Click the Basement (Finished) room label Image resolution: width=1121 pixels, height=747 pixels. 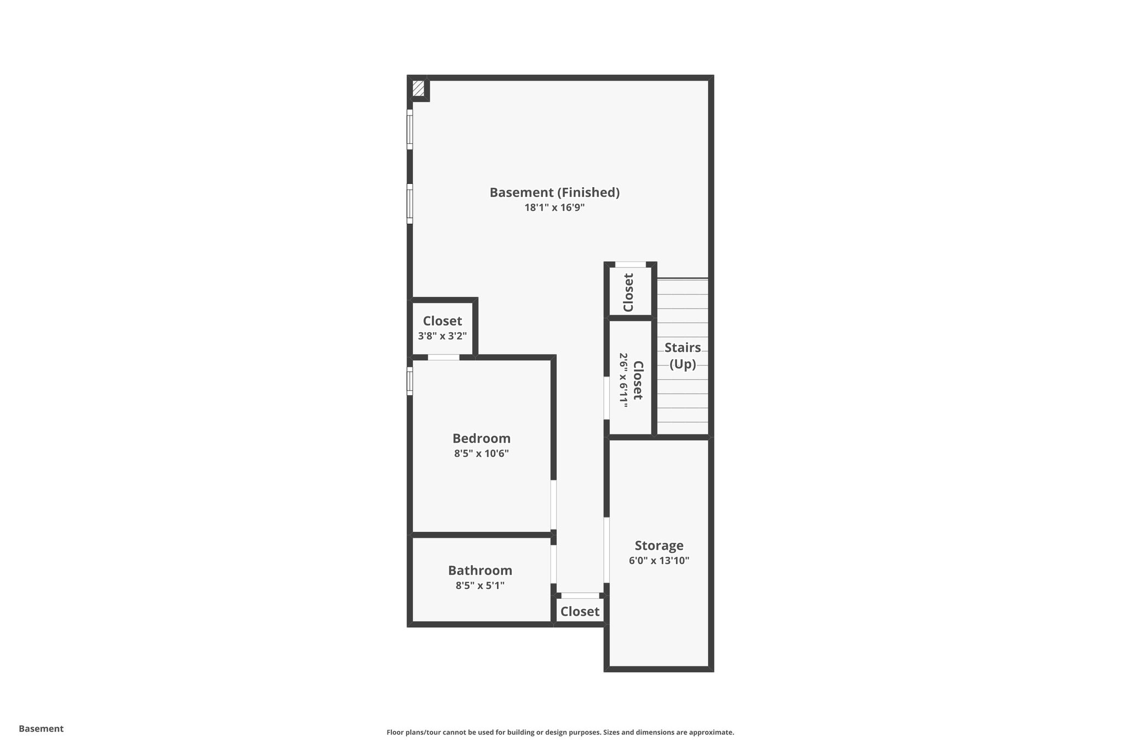(554, 193)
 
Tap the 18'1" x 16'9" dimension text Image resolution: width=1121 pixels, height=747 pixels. (554, 207)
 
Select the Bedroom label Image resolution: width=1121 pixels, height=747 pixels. (481, 438)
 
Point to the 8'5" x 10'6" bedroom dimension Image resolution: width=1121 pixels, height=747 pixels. (481, 453)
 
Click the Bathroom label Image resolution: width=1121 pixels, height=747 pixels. (480, 570)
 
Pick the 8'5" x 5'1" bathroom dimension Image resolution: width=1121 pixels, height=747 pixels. (480, 586)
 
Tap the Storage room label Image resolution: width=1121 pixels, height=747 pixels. (659, 546)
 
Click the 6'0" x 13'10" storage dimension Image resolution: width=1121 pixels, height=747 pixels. (659, 560)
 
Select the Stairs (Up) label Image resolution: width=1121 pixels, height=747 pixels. (683, 356)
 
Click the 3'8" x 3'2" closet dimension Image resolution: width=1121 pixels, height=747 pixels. (442, 336)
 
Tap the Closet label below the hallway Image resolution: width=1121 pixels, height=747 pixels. (580, 611)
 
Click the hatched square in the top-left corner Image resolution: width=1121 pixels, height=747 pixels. (419, 89)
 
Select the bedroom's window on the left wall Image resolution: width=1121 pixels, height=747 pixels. (409, 381)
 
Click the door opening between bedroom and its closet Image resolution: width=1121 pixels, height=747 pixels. (443, 357)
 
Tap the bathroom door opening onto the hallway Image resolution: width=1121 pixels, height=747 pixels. (553, 564)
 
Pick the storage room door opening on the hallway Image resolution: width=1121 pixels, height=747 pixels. (606, 550)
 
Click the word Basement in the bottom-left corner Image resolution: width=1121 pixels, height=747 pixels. (41, 728)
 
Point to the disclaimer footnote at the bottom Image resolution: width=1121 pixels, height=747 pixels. (560, 732)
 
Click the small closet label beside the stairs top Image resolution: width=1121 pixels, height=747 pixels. (628, 292)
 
